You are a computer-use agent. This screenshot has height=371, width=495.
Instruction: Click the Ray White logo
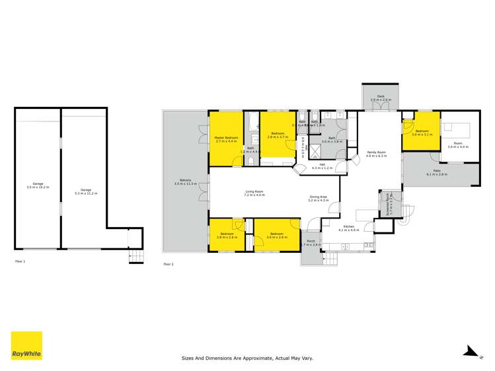point(26,345)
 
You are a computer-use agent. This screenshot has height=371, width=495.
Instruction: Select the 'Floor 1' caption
point(20,261)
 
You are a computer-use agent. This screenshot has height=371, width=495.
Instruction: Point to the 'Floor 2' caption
point(168,264)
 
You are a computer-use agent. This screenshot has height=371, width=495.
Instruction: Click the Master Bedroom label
point(226,139)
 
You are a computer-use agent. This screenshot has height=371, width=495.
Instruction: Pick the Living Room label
point(254,193)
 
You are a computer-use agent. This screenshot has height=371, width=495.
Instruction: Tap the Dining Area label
point(319,198)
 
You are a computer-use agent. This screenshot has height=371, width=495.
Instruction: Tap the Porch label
point(311,243)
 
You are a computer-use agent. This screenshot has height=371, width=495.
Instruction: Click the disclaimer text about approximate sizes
point(247,358)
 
